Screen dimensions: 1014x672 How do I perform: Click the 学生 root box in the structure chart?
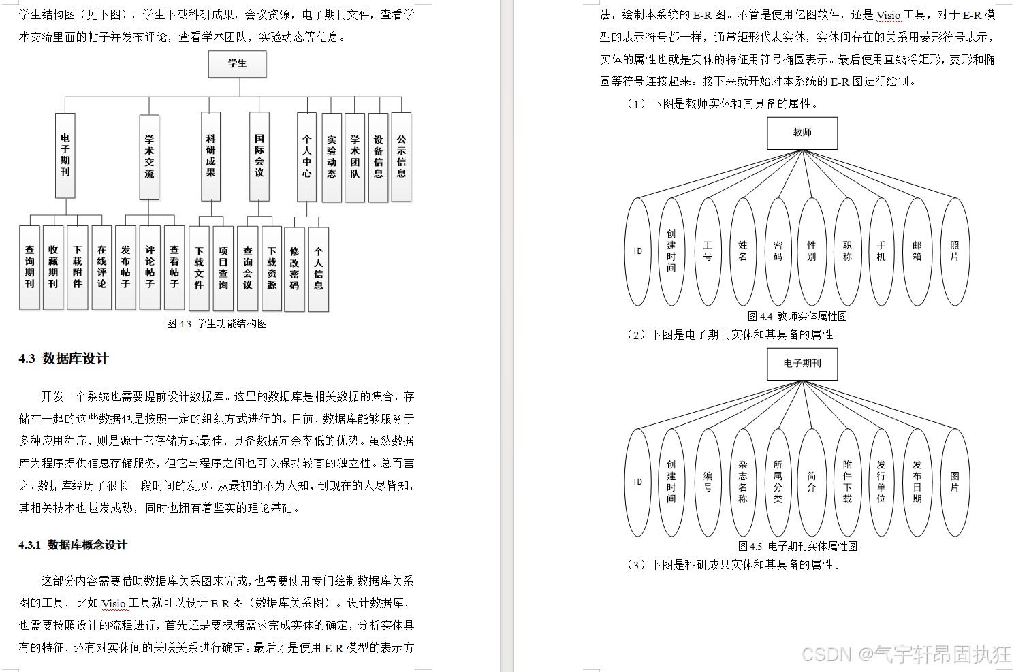tap(237, 64)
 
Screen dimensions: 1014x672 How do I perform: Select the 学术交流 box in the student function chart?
tap(149, 157)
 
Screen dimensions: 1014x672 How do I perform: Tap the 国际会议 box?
tap(259, 157)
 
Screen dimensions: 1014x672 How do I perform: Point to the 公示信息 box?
tap(401, 157)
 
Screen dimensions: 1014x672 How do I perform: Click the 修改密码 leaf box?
tap(294, 269)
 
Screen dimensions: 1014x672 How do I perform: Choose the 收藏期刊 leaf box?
tap(53, 267)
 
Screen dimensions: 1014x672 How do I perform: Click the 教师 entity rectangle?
tap(802, 133)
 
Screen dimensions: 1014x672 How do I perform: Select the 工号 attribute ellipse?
tap(708, 251)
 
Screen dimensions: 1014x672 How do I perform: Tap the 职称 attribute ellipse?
tap(847, 251)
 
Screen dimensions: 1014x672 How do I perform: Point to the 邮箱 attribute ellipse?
tap(917, 251)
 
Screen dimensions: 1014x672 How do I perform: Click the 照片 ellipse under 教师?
tap(954, 251)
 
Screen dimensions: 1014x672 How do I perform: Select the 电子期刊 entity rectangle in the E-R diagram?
tap(802, 364)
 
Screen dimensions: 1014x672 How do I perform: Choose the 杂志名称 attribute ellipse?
tap(742, 482)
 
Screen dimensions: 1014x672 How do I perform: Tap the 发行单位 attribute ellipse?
tap(881, 482)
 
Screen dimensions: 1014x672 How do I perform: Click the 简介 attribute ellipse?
tap(812, 482)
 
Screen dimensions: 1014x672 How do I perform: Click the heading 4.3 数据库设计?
tap(63, 359)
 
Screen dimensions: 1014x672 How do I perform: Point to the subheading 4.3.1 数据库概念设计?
tap(73, 545)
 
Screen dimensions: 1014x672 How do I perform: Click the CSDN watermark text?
tap(906, 654)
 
